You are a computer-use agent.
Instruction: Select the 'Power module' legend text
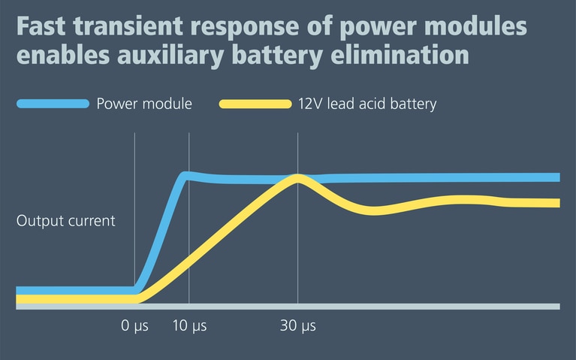point(144,104)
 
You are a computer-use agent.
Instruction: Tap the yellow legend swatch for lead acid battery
point(255,104)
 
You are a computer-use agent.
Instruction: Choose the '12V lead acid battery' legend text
point(366,104)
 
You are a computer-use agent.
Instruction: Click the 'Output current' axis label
point(66,221)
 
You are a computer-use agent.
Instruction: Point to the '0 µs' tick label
point(134,326)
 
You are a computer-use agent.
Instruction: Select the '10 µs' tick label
point(188,326)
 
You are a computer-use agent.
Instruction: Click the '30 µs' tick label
point(298,326)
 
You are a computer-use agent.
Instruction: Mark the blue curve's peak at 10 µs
point(187,176)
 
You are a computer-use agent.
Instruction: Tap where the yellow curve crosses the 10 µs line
point(188,262)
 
